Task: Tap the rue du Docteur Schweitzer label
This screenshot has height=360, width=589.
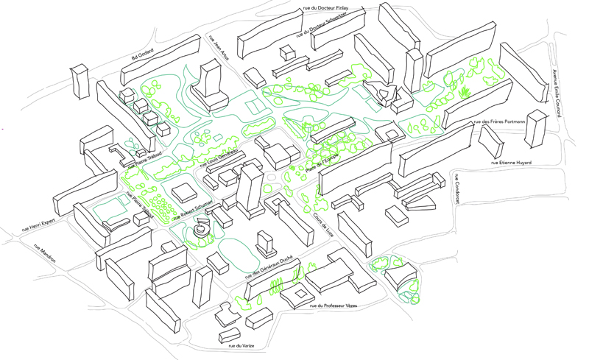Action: [322, 26]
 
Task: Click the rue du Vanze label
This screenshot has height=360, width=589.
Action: [241, 345]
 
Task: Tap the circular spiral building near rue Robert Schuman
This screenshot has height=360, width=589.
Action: [200, 230]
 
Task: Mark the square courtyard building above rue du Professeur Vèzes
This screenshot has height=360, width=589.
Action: [299, 293]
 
